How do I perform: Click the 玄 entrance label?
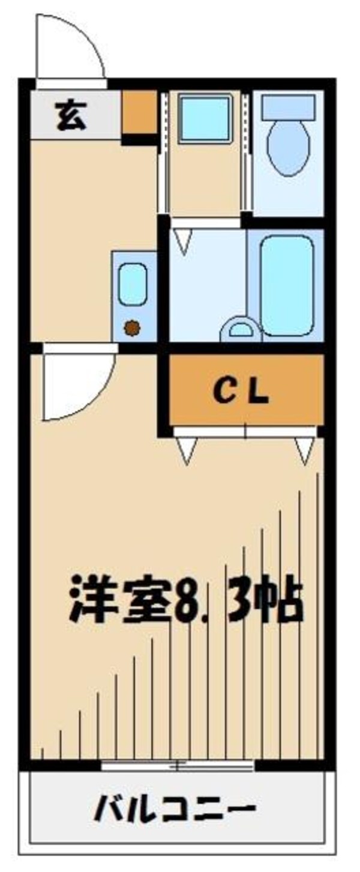[71, 116]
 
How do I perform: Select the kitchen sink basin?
[133, 285]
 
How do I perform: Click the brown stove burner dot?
[132, 327]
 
